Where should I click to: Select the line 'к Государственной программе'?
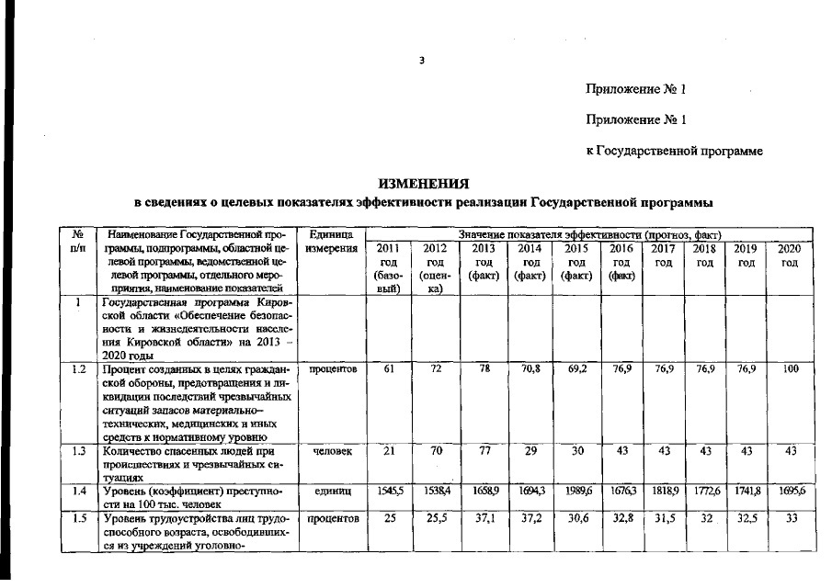pos(675,151)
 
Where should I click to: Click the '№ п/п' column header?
pos(78,243)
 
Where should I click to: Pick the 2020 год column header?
pos(790,255)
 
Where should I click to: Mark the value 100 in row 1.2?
pos(790,369)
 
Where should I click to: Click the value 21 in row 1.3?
pos(388,452)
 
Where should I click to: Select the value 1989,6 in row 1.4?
pos(576,492)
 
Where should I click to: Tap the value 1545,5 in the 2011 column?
pos(388,492)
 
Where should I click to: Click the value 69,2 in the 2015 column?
pos(576,369)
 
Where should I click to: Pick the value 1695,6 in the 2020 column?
pos(790,492)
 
